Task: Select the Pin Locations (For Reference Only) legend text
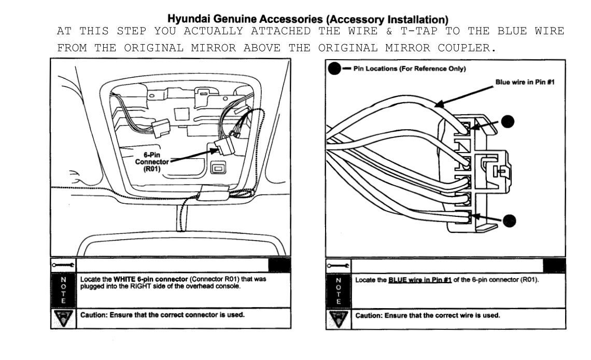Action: [409, 69]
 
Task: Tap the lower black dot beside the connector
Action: [511, 220]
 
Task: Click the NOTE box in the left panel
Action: [63, 290]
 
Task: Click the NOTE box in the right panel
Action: [339, 290]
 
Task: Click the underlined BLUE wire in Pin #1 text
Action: [420, 280]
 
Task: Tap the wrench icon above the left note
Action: [63, 265]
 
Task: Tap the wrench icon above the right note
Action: [339, 265]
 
